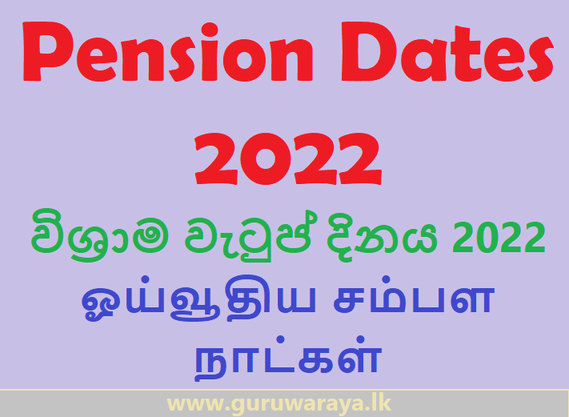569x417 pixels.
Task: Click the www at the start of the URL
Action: (x=194, y=403)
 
